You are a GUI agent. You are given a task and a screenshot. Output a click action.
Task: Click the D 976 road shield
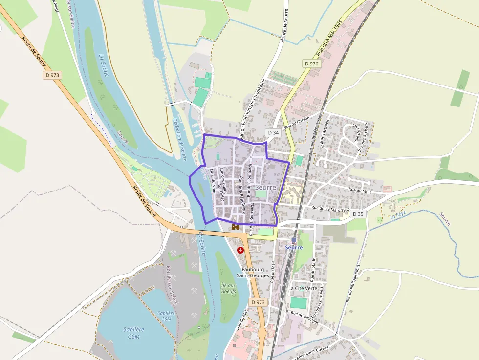click(311, 64)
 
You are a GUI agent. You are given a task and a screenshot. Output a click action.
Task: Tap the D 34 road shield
click(273, 133)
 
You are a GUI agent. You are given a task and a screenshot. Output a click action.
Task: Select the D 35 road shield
click(358, 214)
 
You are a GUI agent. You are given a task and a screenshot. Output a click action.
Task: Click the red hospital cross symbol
click(240, 250)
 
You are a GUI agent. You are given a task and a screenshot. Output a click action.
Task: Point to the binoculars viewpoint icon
click(236, 227)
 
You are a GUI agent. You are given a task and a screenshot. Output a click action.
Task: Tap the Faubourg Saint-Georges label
click(253, 272)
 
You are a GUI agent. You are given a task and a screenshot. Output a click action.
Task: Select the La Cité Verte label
click(303, 288)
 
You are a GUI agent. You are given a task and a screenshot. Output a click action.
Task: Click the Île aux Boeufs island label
click(228, 288)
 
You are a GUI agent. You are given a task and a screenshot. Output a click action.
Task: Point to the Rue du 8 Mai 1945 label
click(328, 38)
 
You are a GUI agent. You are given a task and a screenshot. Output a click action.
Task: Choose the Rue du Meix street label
click(360, 191)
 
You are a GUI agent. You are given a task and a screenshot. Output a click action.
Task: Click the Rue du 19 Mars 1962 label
click(330, 209)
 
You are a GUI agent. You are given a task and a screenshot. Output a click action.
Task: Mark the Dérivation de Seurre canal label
click(179, 139)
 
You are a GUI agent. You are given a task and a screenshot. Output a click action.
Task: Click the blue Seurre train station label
click(294, 247)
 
